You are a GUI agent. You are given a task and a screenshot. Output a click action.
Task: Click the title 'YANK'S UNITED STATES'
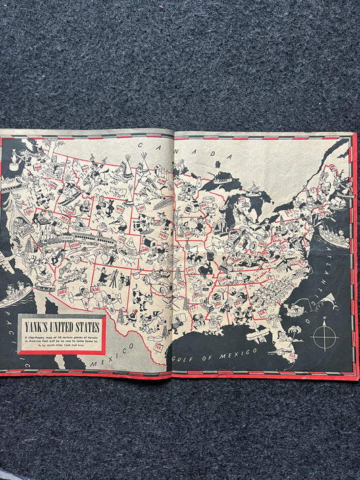click(59, 327)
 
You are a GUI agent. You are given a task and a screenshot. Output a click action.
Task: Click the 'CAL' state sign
click(30, 209)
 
